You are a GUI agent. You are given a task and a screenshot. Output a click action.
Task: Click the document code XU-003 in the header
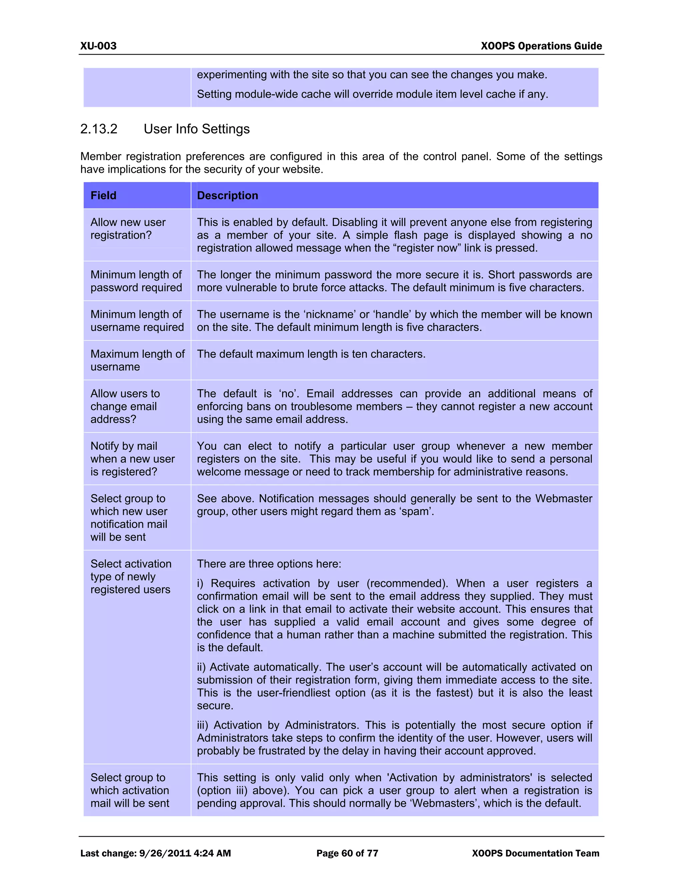(x=98, y=46)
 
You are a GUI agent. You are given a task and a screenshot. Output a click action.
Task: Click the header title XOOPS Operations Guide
(x=541, y=46)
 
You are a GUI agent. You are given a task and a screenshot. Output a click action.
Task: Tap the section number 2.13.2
(x=99, y=129)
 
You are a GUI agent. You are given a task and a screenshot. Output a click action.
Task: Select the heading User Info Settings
(x=197, y=129)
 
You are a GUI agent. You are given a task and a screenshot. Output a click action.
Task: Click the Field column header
(x=104, y=195)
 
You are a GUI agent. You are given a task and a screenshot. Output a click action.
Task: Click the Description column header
(x=227, y=195)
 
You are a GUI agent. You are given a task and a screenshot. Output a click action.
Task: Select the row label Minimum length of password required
(x=136, y=281)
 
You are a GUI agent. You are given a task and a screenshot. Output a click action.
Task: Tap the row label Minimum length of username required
(x=137, y=321)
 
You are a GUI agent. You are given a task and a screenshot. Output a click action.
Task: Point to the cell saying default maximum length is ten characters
(x=311, y=354)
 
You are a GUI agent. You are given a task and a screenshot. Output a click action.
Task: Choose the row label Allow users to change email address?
(x=125, y=406)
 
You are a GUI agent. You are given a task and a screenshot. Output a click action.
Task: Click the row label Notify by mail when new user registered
(x=132, y=459)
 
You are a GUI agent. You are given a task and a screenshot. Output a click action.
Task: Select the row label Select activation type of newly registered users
(x=131, y=577)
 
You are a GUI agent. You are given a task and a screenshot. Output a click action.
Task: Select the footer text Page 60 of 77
(x=347, y=853)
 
